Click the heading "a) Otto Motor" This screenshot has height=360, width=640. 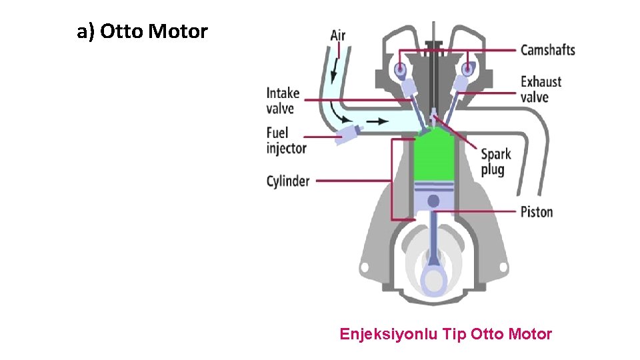pyautogui.click(x=142, y=31)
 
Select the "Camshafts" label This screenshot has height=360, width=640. pyautogui.click(x=547, y=50)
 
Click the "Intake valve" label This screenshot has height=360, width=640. pyautogui.click(x=283, y=101)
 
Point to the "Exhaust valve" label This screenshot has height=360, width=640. pyautogui.click(x=541, y=89)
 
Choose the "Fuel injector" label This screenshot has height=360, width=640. pyautogui.click(x=286, y=140)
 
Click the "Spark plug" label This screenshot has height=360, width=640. pyautogui.click(x=496, y=162)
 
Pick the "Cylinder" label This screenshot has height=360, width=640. pyautogui.click(x=288, y=181)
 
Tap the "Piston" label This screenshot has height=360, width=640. pyautogui.click(x=537, y=212)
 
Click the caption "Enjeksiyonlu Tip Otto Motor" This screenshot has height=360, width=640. pyautogui.click(x=445, y=334)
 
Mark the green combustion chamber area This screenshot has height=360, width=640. pyautogui.click(x=433, y=160)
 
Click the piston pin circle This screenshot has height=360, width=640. pyautogui.click(x=433, y=201)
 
